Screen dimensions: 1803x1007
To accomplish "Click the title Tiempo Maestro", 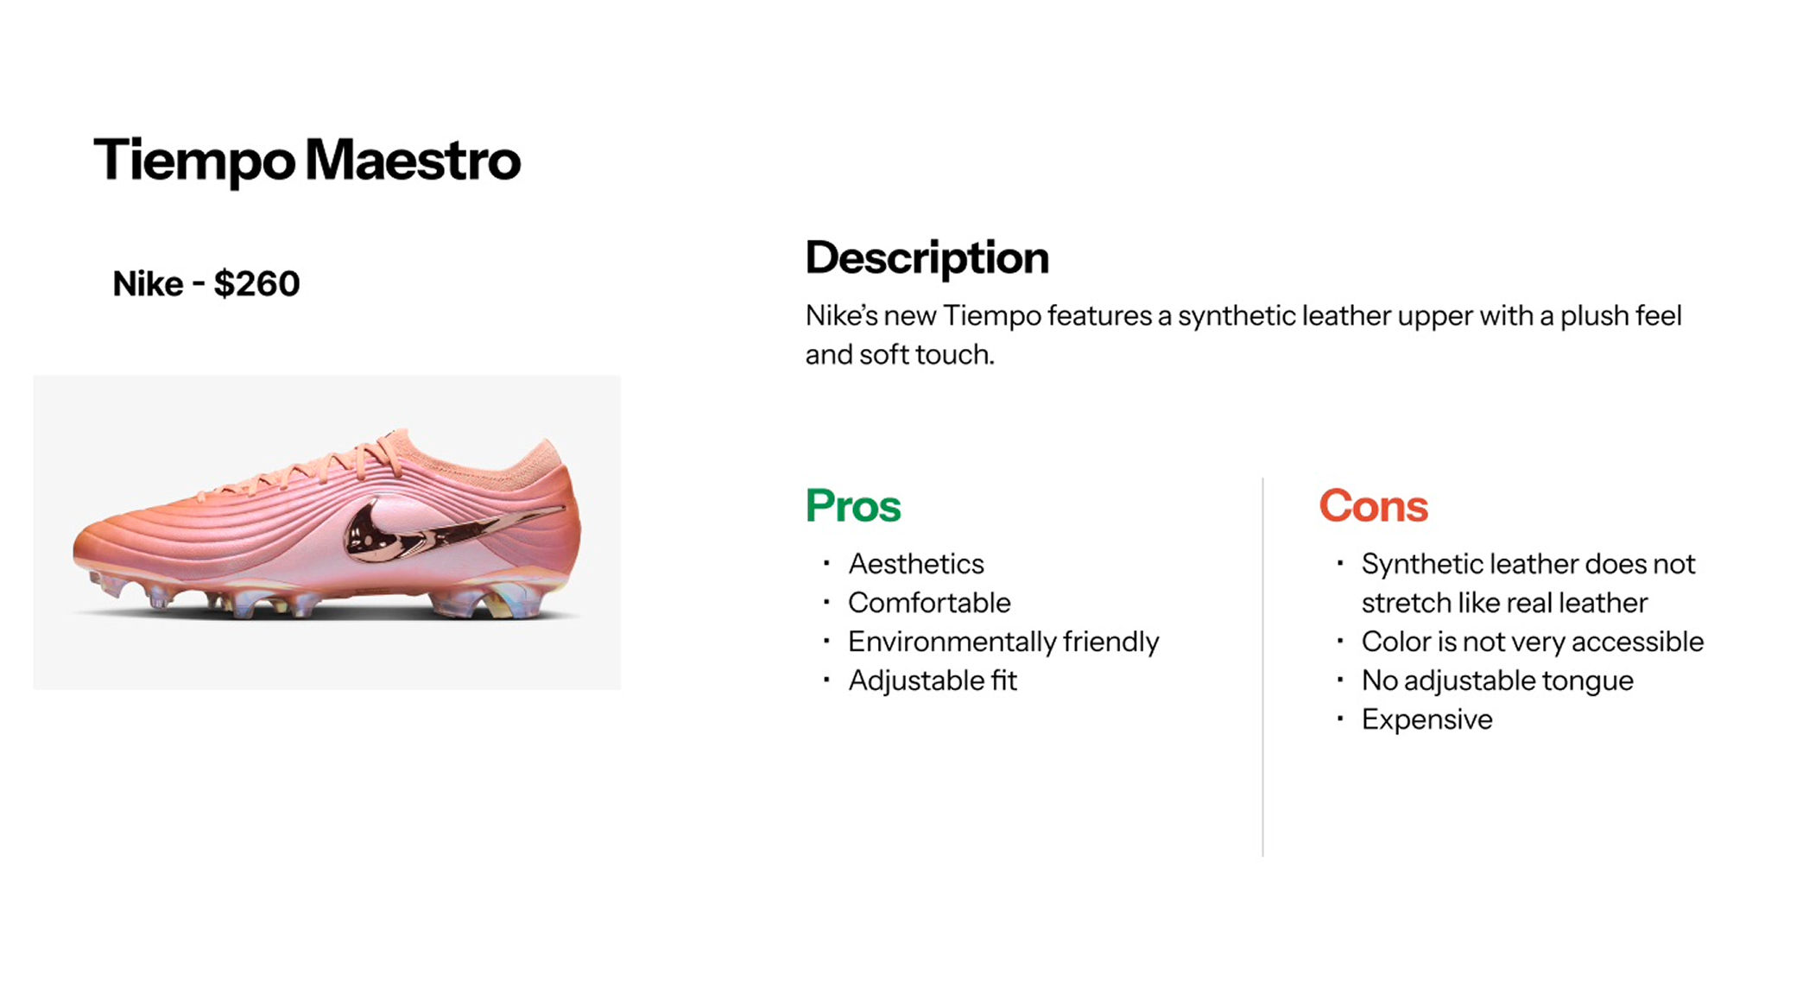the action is (x=307, y=161).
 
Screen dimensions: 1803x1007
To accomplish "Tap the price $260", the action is (x=256, y=283).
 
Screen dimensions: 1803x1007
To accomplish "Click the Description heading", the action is (x=927, y=258).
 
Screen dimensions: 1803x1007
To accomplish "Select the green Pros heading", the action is (x=853, y=506).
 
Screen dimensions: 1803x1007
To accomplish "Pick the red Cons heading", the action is (x=1373, y=506).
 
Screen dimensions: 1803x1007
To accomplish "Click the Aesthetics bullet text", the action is (x=916, y=564).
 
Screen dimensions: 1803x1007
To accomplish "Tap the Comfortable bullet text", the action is (x=929, y=603).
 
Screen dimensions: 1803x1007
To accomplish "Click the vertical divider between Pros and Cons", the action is (x=1262, y=667).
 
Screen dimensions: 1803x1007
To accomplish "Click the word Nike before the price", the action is (x=148, y=284).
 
